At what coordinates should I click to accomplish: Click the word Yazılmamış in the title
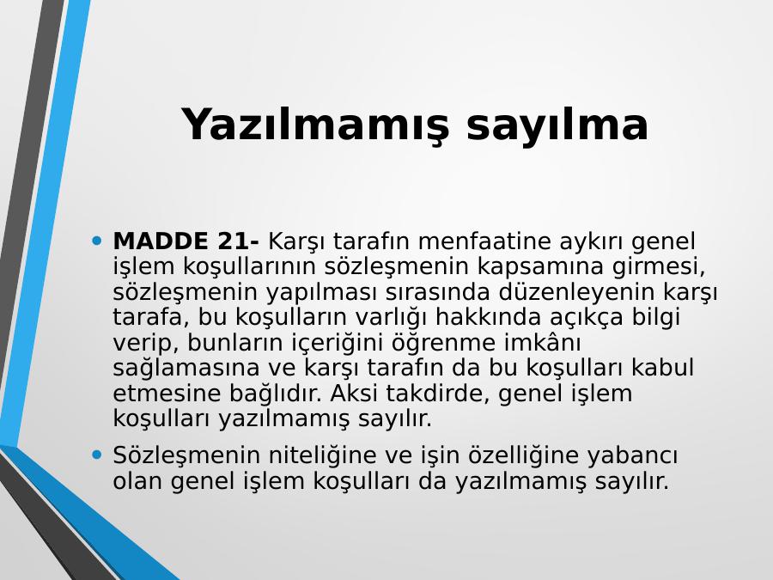315,125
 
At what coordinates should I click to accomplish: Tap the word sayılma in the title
557,125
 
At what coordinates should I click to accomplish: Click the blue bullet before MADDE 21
96,241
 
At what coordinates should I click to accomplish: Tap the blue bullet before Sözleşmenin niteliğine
96,455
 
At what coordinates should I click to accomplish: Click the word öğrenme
444,343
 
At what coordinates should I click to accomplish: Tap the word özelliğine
523,455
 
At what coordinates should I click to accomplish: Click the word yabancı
632,455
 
